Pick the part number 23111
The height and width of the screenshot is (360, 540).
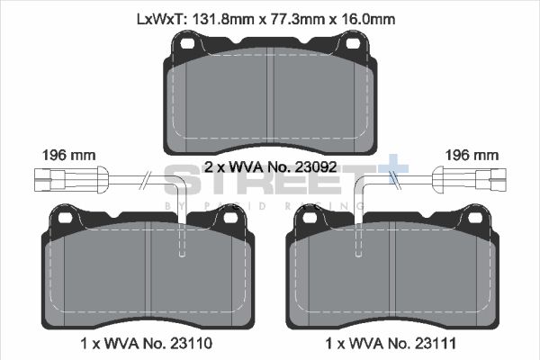[x=437, y=343]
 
